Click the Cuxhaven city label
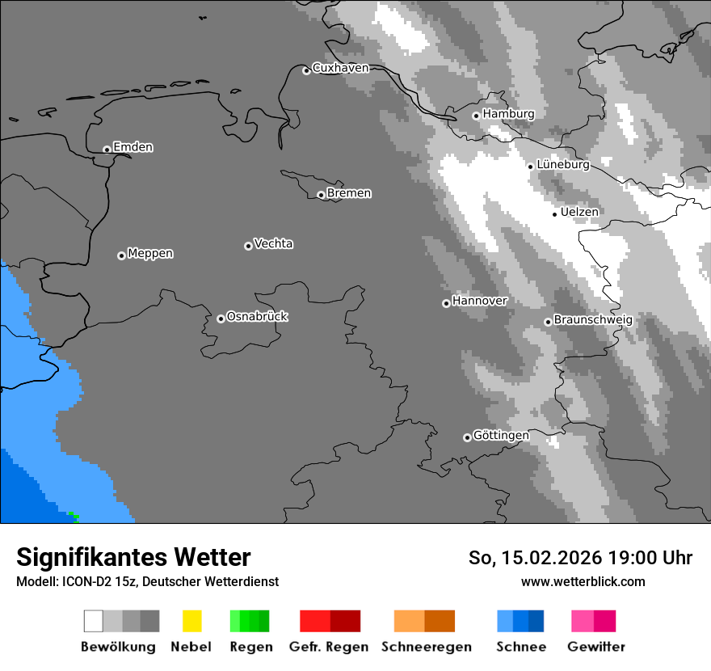click(340, 68)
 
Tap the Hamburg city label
click(508, 114)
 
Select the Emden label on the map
click(133, 147)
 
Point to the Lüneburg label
click(562, 164)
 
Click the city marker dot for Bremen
click(321, 195)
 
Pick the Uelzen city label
click(579, 212)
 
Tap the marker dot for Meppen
click(121, 255)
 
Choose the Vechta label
click(273, 243)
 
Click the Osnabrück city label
click(257, 316)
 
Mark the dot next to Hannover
click(446, 303)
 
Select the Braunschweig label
click(593, 319)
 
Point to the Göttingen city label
click(501, 435)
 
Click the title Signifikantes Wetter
click(133, 557)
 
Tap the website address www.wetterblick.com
click(583, 581)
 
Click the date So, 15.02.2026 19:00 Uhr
click(580, 558)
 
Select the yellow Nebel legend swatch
click(191, 621)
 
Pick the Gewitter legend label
click(596, 647)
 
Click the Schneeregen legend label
click(426, 647)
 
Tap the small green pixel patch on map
click(74, 516)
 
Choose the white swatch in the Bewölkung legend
click(94, 621)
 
